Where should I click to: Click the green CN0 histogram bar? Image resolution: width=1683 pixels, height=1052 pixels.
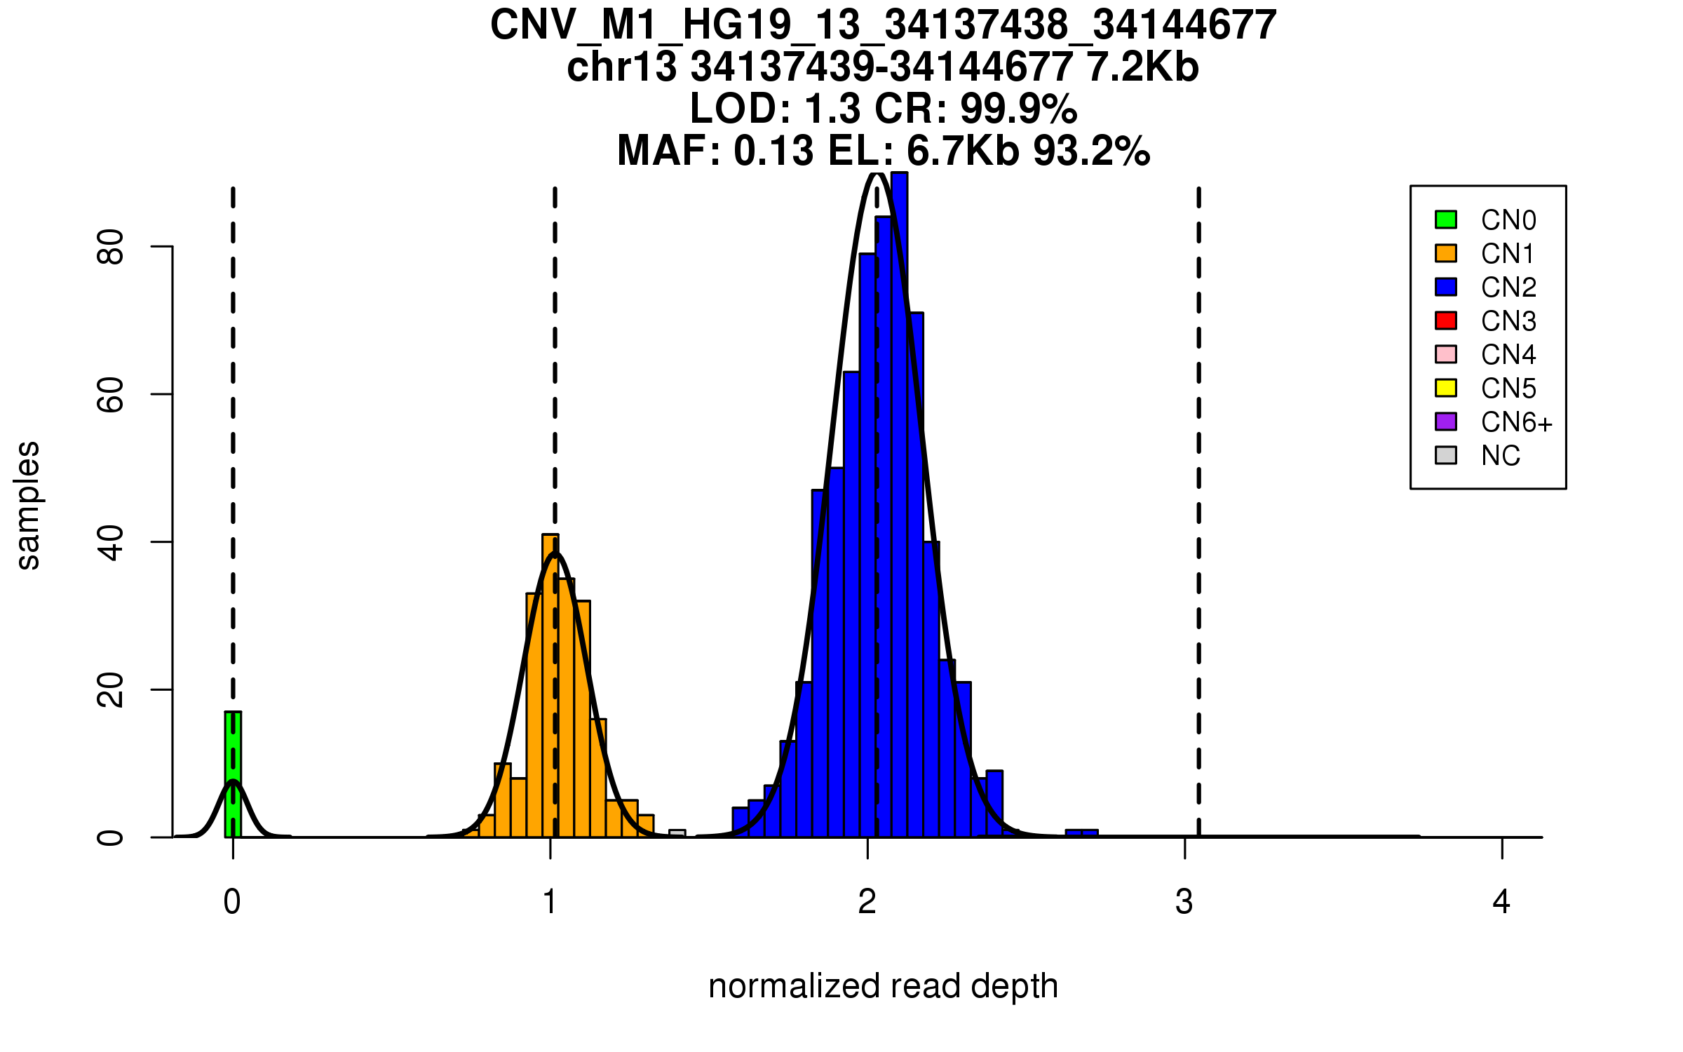(233, 774)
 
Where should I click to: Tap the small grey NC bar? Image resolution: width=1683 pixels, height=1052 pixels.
(677, 834)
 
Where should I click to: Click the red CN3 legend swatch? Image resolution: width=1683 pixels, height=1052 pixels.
(1446, 321)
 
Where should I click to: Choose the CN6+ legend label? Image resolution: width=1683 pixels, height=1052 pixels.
(1516, 422)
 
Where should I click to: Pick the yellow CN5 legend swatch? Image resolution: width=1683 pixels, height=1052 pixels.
(1446, 388)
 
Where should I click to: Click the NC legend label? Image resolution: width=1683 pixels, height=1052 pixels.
(1500, 456)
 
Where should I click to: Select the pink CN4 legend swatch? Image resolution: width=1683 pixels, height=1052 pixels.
(1446, 354)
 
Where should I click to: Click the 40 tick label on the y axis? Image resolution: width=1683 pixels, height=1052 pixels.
(111, 542)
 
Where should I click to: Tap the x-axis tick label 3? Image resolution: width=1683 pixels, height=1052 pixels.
(1184, 902)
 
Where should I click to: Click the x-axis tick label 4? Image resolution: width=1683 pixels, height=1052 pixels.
(1501, 902)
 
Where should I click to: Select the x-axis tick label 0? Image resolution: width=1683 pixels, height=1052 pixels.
(232, 902)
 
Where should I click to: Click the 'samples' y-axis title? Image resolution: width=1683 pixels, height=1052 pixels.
(28, 505)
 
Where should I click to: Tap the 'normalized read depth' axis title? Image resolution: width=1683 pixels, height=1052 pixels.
(883, 986)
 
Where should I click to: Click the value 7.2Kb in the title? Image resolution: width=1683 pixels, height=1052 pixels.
(1142, 67)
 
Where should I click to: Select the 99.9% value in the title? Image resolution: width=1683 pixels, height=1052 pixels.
(1018, 109)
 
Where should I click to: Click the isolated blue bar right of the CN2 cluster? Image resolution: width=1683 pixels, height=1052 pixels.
(1081, 833)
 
